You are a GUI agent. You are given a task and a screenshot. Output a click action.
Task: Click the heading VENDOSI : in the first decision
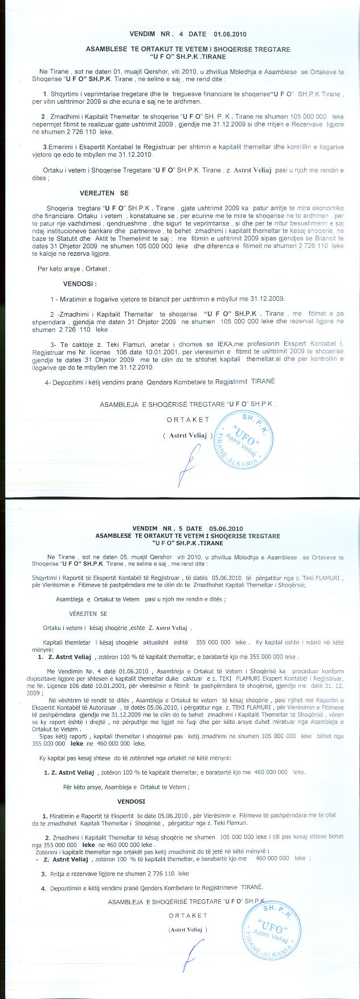point(80,283)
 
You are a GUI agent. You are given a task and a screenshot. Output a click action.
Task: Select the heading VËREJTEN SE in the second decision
point(88,613)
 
